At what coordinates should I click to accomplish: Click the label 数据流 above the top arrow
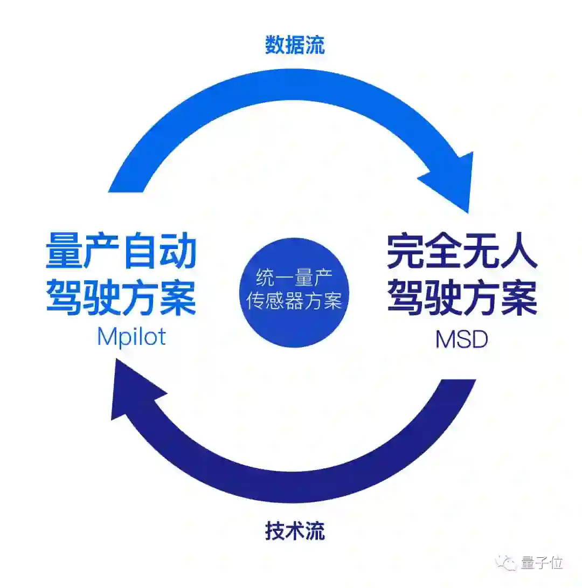[x=295, y=45]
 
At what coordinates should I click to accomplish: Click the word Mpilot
[x=131, y=337]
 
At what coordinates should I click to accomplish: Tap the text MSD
[x=461, y=340]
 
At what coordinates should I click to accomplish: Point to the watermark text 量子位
[x=542, y=563]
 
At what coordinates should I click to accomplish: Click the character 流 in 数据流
[x=315, y=45]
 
